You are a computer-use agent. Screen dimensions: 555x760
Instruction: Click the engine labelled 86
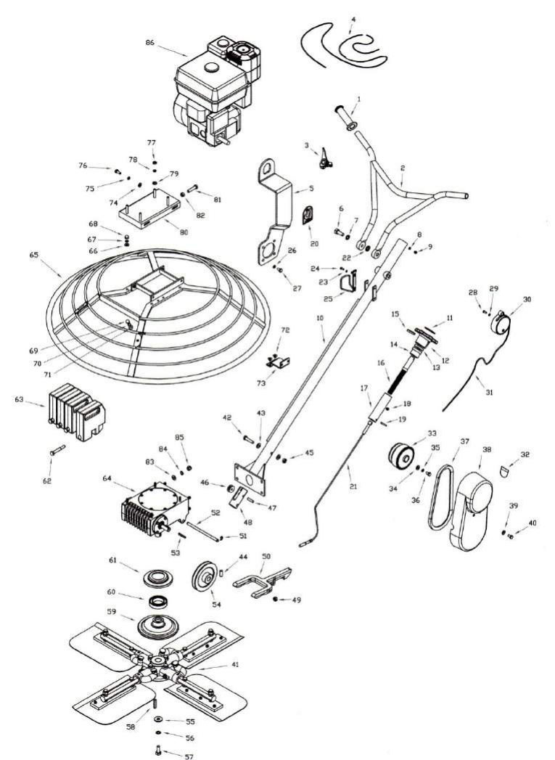[x=217, y=90]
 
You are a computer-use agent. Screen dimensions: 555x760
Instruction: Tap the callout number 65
[x=33, y=254]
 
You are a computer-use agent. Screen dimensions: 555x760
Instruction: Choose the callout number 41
[x=235, y=664]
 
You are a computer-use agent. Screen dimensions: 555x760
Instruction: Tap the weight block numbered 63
[x=76, y=412]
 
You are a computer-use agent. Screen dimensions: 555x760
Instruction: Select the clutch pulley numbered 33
[x=401, y=456]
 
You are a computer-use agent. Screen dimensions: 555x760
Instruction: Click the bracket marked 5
[x=274, y=211]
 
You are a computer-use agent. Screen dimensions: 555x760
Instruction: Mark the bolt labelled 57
[x=158, y=751]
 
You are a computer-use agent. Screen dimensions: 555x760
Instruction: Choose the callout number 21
[x=353, y=486]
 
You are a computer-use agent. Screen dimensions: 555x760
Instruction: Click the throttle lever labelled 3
[x=325, y=160]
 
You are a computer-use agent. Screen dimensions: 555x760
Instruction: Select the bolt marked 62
[x=57, y=450]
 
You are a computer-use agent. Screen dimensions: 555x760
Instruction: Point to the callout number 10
[x=320, y=318]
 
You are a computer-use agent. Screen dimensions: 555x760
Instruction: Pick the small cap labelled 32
[x=505, y=470]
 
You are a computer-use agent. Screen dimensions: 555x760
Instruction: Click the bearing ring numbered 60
[x=158, y=602]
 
